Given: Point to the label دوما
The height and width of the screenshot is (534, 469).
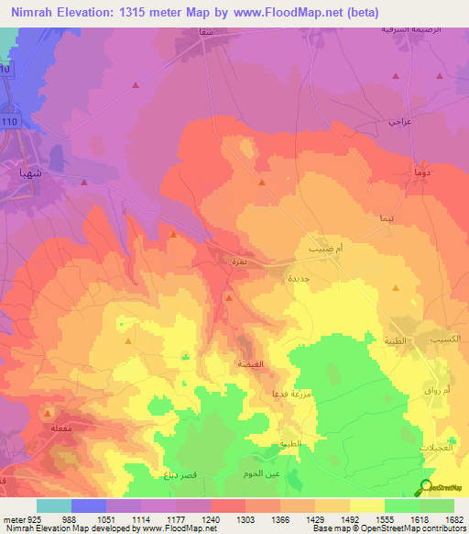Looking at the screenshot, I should (424, 173).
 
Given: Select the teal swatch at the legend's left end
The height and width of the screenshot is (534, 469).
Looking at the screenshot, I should (53, 506).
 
